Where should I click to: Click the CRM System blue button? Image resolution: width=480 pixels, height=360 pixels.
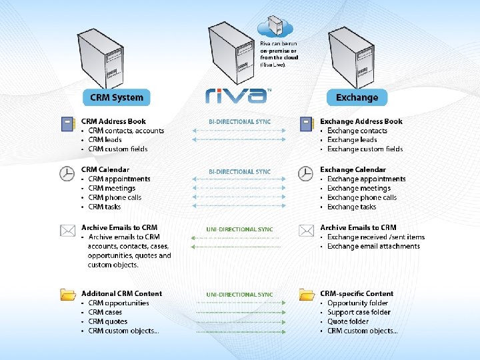117,97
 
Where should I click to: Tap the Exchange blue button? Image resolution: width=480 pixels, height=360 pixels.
357,97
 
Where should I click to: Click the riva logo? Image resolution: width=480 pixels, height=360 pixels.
237,96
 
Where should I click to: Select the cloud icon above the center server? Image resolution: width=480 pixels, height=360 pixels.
275,27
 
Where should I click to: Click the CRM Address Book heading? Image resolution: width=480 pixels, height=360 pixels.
113,121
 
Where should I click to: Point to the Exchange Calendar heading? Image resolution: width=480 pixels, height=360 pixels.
353,169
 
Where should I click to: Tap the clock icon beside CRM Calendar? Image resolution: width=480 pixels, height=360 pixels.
67,173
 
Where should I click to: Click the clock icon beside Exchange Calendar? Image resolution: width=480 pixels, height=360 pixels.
305,173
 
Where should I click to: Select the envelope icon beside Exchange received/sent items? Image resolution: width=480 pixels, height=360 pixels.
306,231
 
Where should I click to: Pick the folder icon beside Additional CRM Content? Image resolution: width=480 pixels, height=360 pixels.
67,294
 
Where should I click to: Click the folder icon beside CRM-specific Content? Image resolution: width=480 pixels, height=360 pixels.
306,294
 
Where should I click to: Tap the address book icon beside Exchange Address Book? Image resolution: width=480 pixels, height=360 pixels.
306,123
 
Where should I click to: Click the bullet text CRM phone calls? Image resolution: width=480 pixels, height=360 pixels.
115,197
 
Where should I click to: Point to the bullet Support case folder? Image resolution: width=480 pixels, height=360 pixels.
359,312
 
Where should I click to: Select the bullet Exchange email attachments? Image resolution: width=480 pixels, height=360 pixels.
373,246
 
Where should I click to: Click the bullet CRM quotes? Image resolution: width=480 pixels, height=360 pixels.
107,321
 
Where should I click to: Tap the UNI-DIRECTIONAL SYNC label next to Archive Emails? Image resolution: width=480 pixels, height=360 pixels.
239,229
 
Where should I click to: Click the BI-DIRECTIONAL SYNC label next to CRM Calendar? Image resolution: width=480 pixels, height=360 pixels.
239,172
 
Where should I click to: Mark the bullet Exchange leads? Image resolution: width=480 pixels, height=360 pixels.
352,140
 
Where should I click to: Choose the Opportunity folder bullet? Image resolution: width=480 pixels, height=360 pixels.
359,303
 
